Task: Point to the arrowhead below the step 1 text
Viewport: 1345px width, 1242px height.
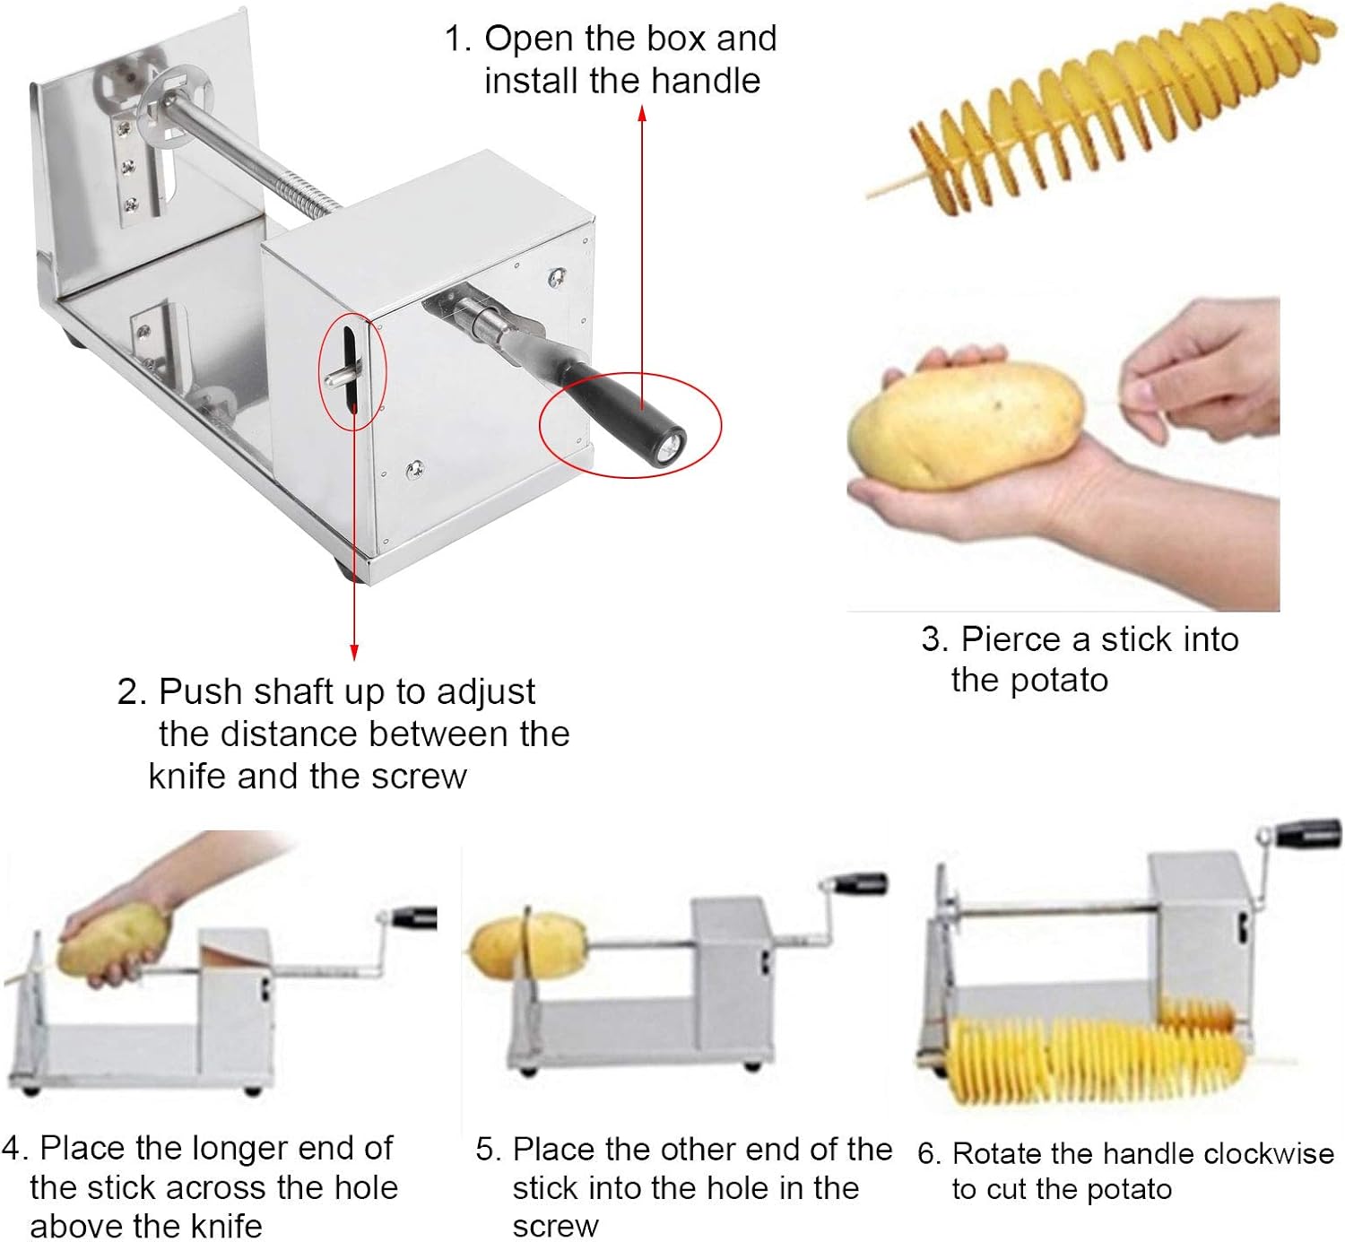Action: [x=642, y=112]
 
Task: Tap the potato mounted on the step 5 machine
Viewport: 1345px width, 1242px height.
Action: [x=525, y=946]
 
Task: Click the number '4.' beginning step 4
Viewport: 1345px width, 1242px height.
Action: [x=16, y=1148]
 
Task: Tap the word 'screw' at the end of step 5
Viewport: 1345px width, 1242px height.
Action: [x=554, y=1226]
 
